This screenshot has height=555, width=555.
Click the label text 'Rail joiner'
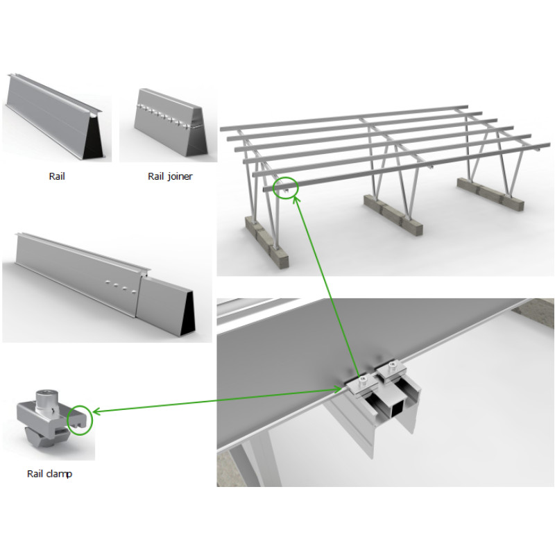tap(170, 176)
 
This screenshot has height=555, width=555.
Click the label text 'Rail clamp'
tap(49, 474)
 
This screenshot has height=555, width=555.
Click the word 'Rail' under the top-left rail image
tap(57, 176)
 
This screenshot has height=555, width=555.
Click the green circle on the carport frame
tap(286, 187)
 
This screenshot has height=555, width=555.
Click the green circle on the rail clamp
tap(80, 420)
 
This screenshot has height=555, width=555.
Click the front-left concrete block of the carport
tap(267, 241)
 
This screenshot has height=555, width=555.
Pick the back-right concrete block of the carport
tap(490, 195)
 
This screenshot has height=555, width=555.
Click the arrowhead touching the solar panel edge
tap(338, 390)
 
